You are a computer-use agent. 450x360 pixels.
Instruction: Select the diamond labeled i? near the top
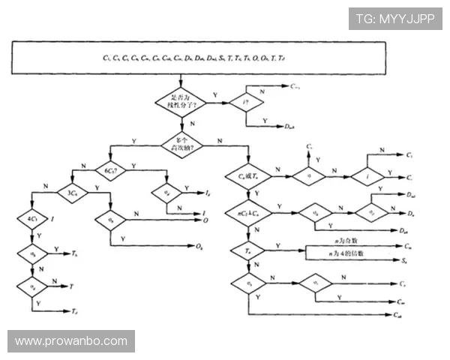(x=244, y=101)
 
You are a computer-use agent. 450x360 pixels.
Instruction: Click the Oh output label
(x=199, y=246)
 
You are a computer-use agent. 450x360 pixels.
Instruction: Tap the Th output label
(x=76, y=255)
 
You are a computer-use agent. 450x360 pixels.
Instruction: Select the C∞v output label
(x=295, y=88)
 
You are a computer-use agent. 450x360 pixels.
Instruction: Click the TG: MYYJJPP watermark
(x=395, y=18)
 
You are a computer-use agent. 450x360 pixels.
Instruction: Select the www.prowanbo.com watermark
(x=71, y=341)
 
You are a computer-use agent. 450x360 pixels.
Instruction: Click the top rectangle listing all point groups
(x=225, y=58)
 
